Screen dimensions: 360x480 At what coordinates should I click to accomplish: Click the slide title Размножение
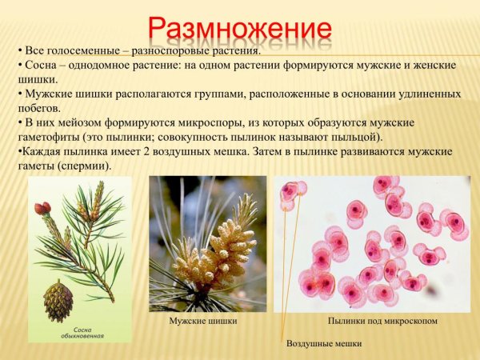tap(240, 27)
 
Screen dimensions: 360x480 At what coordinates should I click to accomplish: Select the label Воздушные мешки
tap(324, 342)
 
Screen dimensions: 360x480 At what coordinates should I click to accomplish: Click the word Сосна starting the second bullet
tap(42, 65)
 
